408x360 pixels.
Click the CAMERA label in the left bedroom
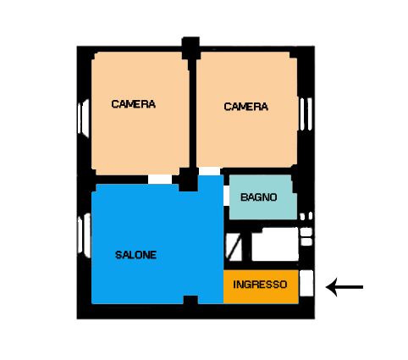tap(134, 104)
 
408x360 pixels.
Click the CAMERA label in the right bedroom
tap(245, 107)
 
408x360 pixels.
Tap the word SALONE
tap(135, 255)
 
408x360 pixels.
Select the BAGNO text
tap(258, 197)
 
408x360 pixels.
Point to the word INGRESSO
tap(260, 285)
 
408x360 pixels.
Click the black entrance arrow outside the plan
tap(345, 287)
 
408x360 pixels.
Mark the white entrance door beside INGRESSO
tap(306, 283)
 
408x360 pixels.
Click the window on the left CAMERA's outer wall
tap(84, 119)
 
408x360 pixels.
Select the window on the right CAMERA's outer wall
tap(306, 114)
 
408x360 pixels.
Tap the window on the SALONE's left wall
tap(85, 235)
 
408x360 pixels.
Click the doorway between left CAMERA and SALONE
tap(160, 180)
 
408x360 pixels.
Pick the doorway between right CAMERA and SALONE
tap(210, 171)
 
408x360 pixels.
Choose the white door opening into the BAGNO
tap(226, 196)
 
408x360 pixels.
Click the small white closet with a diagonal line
tap(234, 247)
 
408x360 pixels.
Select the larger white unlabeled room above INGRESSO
tap(275, 245)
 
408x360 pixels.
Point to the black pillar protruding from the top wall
tap(190, 48)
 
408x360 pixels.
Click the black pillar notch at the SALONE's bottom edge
tap(190, 300)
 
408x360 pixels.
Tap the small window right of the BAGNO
tap(306, 216)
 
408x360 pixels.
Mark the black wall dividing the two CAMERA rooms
tap(193, 113)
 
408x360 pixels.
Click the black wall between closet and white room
tap(247, 247)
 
